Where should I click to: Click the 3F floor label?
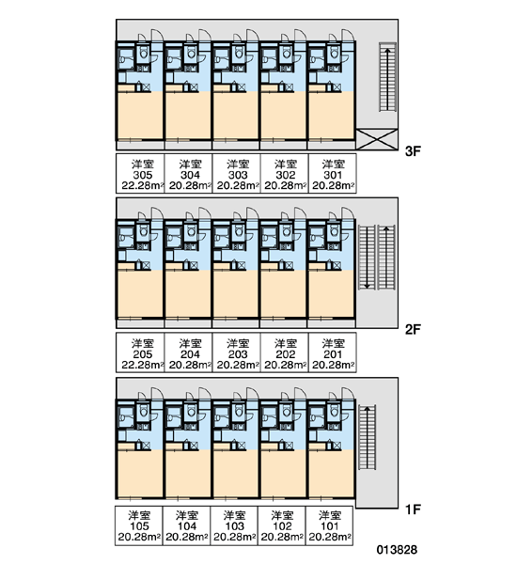coord(413,151)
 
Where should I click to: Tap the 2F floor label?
coord(413,329)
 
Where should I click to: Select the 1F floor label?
coord(413,509)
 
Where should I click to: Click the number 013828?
coord(397,550)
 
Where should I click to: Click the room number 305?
coord(143,175)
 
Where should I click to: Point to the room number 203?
coord(238,354)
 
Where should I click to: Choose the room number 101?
coord(330,526)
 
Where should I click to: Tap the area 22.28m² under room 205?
coord(143,365)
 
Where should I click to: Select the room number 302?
coord(286,175)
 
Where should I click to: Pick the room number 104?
coord(187,526)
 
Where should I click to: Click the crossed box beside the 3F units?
coord(377,139)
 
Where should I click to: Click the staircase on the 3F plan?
coord(387,77)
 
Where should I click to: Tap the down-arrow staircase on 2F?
coord(367,258)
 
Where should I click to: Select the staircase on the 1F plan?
coord(367,437)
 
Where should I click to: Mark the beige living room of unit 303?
coord(236,115)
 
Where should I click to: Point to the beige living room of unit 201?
coord(331,294)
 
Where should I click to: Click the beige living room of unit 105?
coord(140,474)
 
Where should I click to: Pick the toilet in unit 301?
coord(335,54)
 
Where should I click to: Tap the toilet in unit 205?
coord(144,231)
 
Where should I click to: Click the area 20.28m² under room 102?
coord(282,537)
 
